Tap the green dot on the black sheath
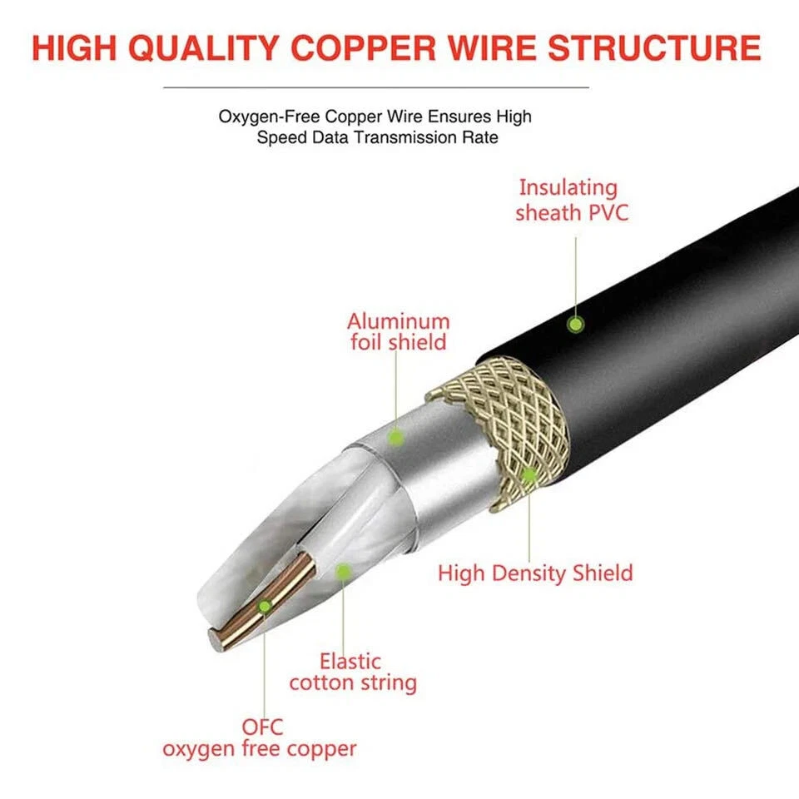tap(574, 324)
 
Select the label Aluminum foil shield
tap(399, 330)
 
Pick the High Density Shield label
tap(535, 573)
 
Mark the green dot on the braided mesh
tap(528, 475)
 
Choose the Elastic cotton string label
tap(352, 672)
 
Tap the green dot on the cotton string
tap(341, 570)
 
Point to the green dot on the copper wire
tap(264, 607)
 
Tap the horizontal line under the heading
tap(375, 87)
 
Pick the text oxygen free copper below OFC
tap(259, 748)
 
